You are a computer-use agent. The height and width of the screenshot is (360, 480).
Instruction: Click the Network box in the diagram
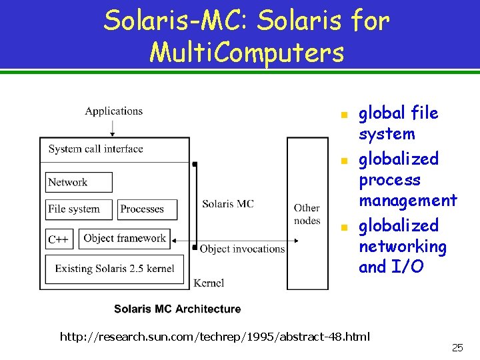point(79,182)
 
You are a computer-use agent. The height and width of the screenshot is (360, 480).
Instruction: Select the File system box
point(79,209)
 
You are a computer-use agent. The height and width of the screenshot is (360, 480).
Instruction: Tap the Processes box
point(147,209)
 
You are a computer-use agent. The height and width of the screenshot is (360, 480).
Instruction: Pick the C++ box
point(59,239)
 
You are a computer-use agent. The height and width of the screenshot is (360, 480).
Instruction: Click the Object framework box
point(124,239)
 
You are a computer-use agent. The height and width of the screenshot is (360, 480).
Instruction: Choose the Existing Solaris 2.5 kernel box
point(115,269)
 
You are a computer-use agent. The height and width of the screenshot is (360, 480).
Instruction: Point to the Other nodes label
point(307,214)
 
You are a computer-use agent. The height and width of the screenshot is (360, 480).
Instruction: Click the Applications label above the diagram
point(113,111)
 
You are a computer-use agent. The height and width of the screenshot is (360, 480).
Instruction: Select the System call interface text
point(96,149)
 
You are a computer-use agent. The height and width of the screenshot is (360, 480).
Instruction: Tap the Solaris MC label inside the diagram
point(228,203)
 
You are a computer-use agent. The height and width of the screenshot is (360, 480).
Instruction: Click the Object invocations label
point(242,249)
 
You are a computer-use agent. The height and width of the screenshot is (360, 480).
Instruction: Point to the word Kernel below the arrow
point(209,283)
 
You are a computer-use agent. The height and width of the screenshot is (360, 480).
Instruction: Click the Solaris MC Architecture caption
point(177,309)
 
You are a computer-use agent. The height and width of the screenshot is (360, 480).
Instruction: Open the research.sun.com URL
point(215,337)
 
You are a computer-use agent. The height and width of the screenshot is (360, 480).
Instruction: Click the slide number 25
point(457,347)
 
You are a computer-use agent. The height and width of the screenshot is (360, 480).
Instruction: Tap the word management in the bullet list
point(408,200)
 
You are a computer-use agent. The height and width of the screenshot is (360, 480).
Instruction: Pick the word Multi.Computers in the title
point(247,51)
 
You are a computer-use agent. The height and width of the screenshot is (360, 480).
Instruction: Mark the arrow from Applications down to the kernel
point(113,127)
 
